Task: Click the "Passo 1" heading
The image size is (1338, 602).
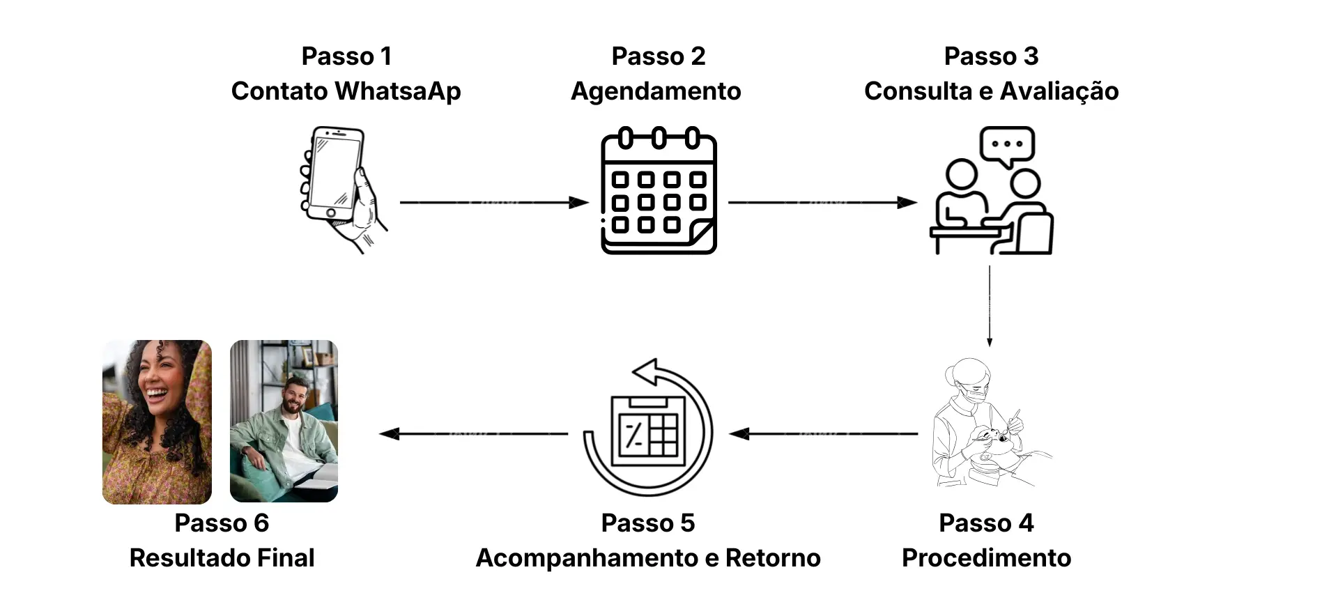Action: pyautogui.click(x=346, y=56)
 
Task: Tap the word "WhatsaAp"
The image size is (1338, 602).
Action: pyautogui.click(x=398, y=91)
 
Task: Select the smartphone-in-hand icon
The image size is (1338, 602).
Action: pyautogui.click(x=341, y=189)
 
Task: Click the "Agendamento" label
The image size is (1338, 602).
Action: pyautogui.click(x=656, y=91)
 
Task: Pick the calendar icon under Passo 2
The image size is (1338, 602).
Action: pyautogui.click(x=659, y=190)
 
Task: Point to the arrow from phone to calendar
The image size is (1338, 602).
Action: pyautogui.click(x=494, y=203)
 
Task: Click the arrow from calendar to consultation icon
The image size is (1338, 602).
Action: pyautogui.click(x=822, y=203)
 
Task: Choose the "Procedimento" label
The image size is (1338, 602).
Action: pyautogui.click(x=986, y=558)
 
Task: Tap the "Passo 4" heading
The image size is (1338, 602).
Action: pyautogui.click(x=986, y=523)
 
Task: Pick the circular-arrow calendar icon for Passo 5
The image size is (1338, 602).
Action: pyautogui.click(x=648, y=428)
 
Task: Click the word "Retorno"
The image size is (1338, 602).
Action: pyautogui.click(x=773, y=558)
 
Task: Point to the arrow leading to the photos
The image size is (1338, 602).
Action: pyautogui.click(x=474, y=434)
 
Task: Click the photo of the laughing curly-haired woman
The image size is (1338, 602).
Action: pyautogui.click(x=157, y=422)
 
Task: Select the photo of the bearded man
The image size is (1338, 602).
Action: pyautogui.click(x=284, y=421)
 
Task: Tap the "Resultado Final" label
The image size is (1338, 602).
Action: pyautogui.click(x=222, y=558)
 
